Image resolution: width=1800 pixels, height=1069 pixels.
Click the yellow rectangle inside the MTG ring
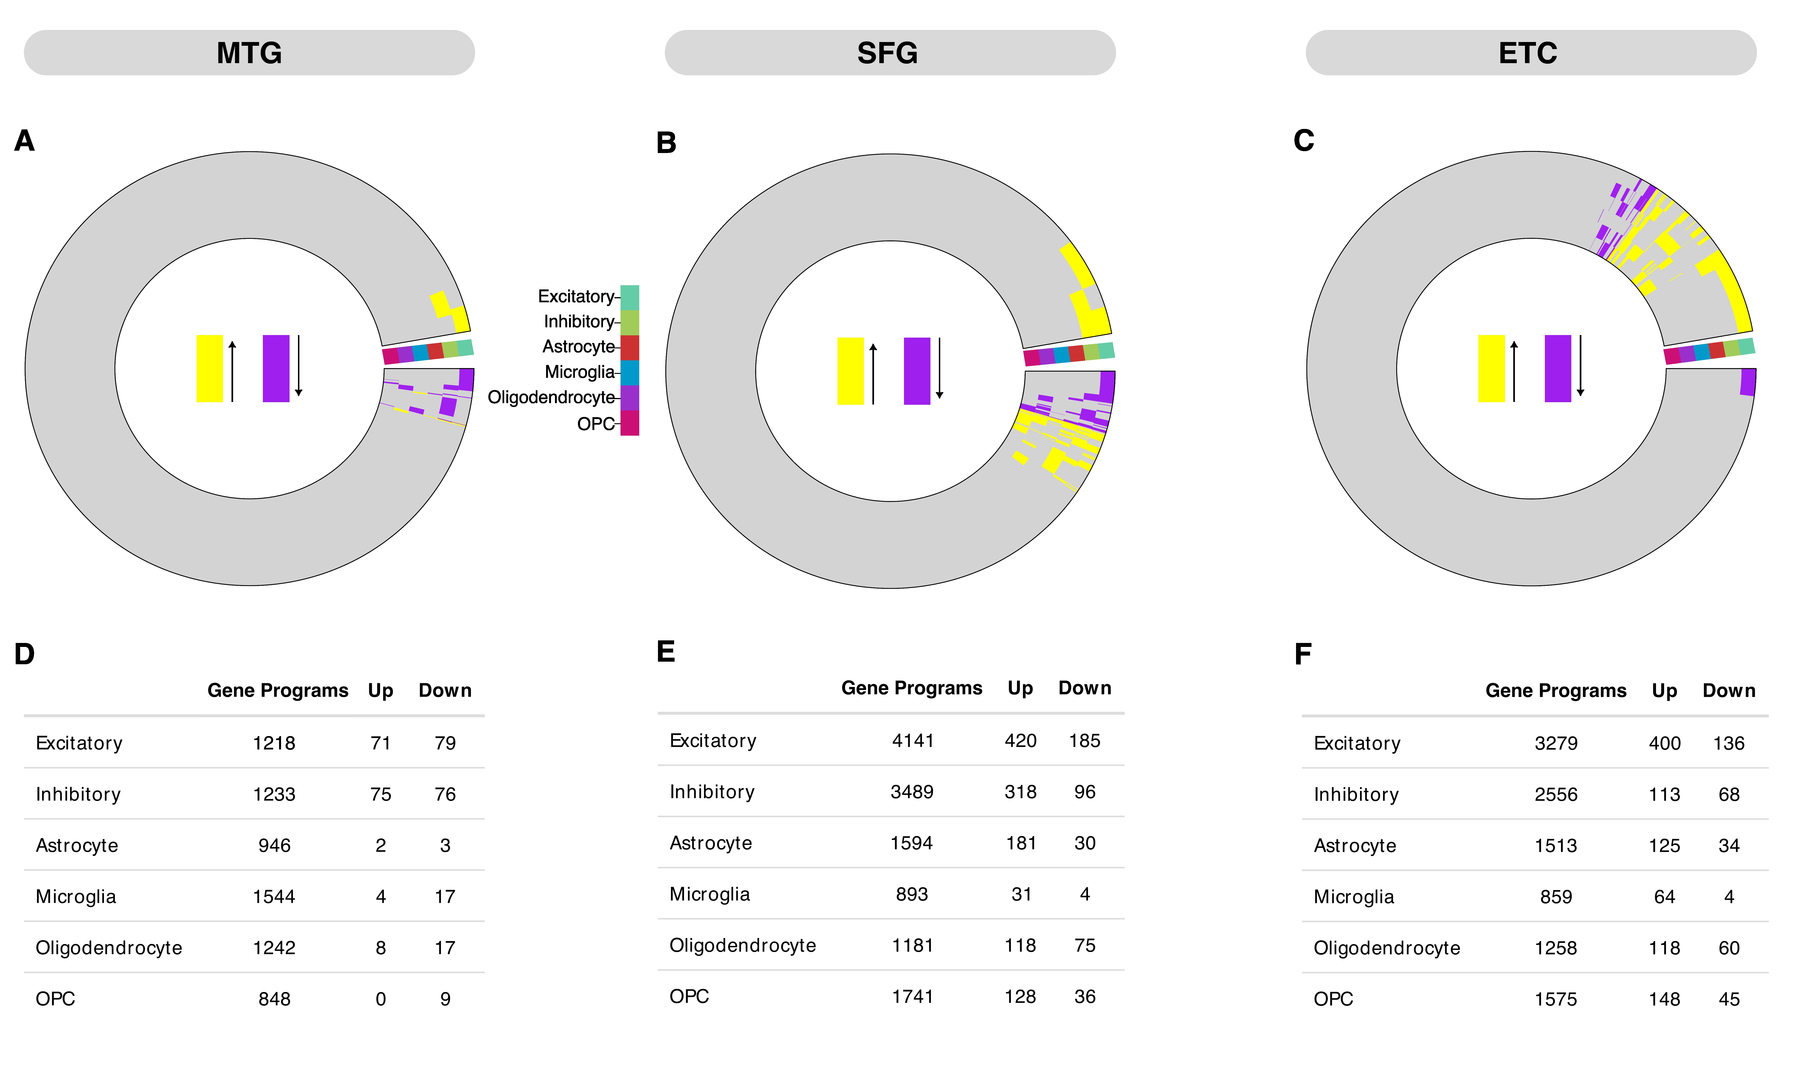(210, 368)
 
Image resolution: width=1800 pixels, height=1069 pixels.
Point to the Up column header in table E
(1020, 688)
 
